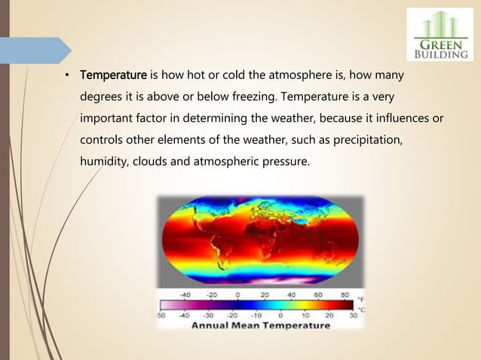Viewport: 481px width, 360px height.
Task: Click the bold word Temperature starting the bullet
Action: point(114,76)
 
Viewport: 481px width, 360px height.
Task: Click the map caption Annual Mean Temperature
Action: point(260,325)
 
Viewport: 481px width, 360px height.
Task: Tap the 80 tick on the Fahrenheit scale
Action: point(345,294)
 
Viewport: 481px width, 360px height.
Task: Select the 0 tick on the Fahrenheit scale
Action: point(238,294)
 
